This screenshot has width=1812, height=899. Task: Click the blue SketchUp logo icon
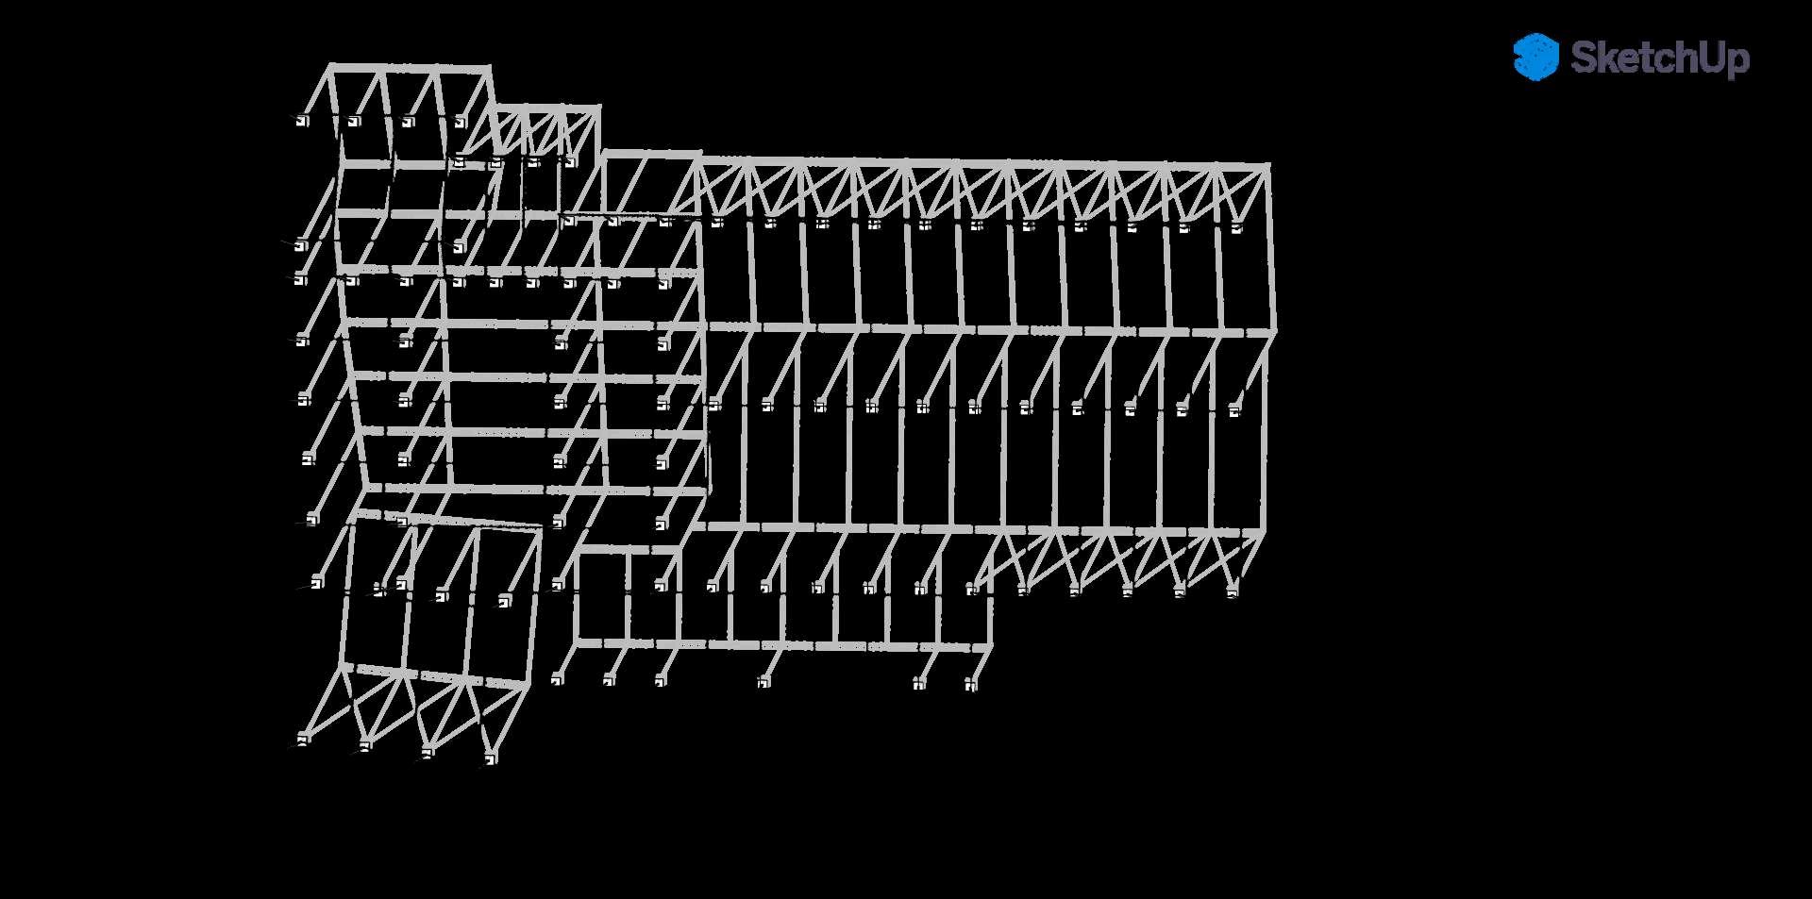coord(1535,57)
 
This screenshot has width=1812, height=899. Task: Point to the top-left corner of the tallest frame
coord(331,67)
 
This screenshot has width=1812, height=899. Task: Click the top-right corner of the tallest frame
coord(488,69)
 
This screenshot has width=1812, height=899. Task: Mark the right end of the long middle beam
coord(1273,331)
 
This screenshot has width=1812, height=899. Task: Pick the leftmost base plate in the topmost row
coord(302,121)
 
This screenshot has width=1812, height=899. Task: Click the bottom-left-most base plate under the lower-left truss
coord(303,738)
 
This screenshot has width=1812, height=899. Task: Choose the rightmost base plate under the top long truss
coord(1236,226)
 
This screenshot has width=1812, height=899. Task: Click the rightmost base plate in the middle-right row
coord(1235,409)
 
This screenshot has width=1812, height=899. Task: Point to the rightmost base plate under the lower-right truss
coord(1232,591)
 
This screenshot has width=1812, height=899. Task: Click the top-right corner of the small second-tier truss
coord(597,108)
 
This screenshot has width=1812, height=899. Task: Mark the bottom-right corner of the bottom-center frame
coord(989,647)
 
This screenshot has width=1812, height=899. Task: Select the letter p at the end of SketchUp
coord(1738,62)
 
